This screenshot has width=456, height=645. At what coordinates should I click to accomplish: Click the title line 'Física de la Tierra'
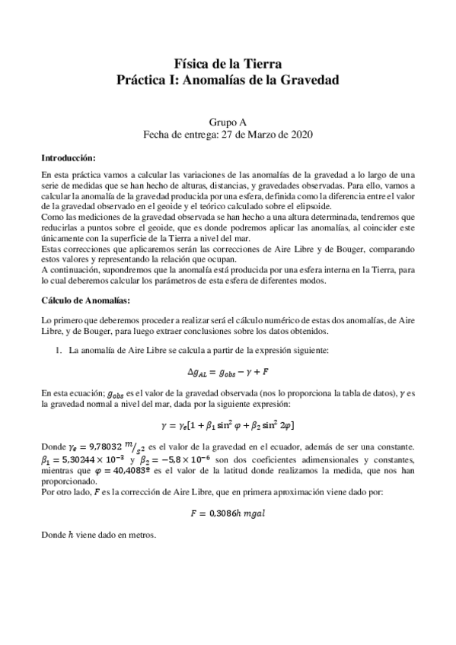pyautogui.click(x=228, y=64)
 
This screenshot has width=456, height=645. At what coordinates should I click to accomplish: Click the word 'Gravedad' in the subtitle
pyautogui.click(x=307, y=79)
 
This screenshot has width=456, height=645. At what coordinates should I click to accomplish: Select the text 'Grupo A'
pyautogui.click(x=228, y=121)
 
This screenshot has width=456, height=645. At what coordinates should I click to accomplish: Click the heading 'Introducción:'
pyautogui.click(x=69, y=158)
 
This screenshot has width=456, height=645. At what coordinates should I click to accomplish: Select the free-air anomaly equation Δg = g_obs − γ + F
pyautogui.click(x=228, y=373)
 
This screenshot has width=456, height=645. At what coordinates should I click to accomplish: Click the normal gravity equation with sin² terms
pyautogui.click(x=228, y=424)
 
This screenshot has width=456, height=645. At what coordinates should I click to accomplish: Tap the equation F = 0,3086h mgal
pyautogui.click(x=228, y=515)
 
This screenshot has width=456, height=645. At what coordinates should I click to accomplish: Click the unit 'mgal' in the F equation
pyautogui.click(x=251, y=515)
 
